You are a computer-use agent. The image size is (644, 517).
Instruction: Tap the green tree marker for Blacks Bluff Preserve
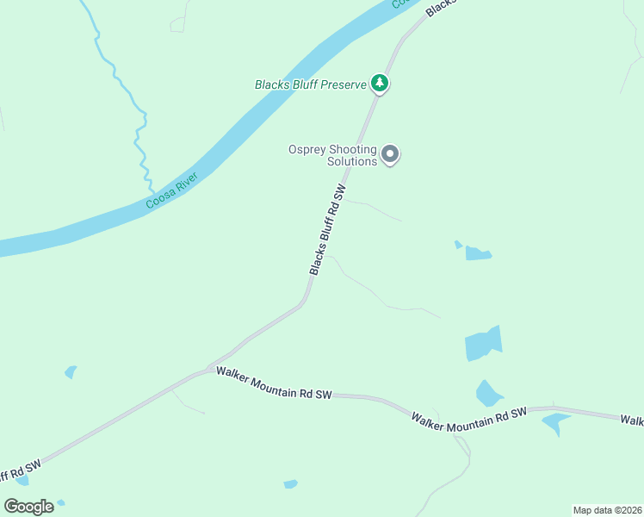tap(380, 84)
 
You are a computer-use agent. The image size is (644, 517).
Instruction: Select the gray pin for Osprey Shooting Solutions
tap(390, 155)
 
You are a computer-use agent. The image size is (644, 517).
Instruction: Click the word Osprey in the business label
tap(306, 149)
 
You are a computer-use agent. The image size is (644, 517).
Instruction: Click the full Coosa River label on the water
tap(171, 190)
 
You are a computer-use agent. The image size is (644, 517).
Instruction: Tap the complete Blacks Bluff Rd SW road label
tap(327, 230)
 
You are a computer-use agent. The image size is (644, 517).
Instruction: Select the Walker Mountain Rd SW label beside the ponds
tap(468, 418)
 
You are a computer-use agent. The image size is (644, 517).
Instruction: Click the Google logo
tap(28, 507)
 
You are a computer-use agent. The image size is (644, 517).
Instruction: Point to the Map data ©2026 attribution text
tap(607, 510)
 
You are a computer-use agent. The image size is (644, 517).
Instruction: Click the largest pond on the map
tap(483, 344)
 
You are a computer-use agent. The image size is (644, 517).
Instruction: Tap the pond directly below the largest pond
tap(489, 394)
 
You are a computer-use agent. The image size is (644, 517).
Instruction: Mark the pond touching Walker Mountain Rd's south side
tap(554, 422)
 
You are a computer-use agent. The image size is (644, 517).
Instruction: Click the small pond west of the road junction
tap(70, 372)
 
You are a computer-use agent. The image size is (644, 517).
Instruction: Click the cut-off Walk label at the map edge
tap(632, 420)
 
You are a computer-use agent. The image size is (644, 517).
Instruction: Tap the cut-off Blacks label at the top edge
tap(440, 6)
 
